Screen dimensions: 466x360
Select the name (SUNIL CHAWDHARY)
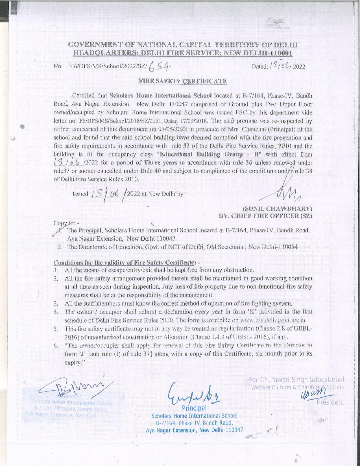pyautogui.click(x=277, y=209)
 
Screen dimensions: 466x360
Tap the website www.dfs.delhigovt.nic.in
pyautogui.click(x=273, y=320)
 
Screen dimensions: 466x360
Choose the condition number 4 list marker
pyautogui.click(x=56, y=312)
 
